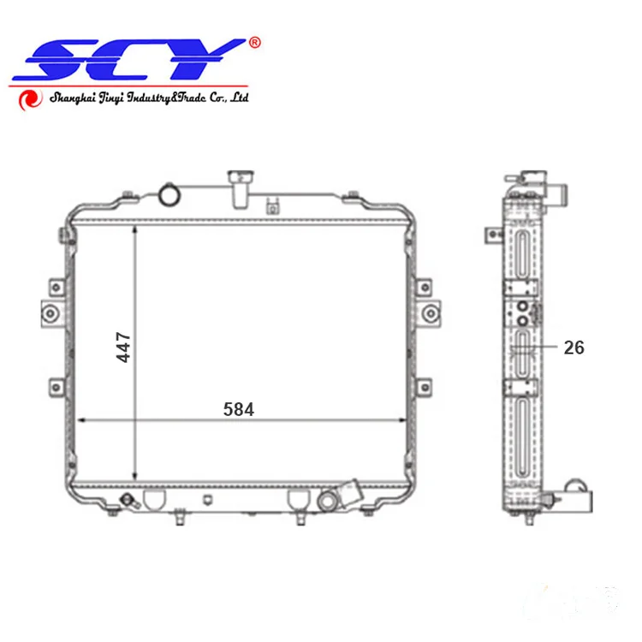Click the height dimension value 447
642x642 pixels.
pyautogui.click(x=124, y=347)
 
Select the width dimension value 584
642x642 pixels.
pyautogui.click(x=239, y=410)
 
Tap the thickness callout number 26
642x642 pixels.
pyautogui.click(x=574, y=348)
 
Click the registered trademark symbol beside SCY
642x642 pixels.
pyautogui.click(x=254, y=42)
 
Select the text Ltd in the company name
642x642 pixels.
pyautogui.click(x=239, y=98)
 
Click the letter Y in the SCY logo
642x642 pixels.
pyautogui.click(x=210, y=60)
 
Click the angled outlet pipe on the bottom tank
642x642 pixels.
pyautogui.click(x=351, y=495)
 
